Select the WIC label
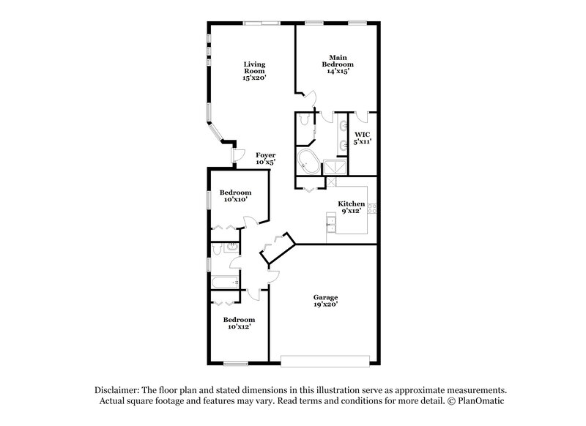(362, 135)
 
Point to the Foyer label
(264, 155)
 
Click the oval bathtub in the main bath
(308, 162)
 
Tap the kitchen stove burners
(372, 209)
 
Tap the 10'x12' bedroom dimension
(239, 327)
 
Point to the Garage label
(326, 297)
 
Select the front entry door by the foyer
(237, 154)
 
